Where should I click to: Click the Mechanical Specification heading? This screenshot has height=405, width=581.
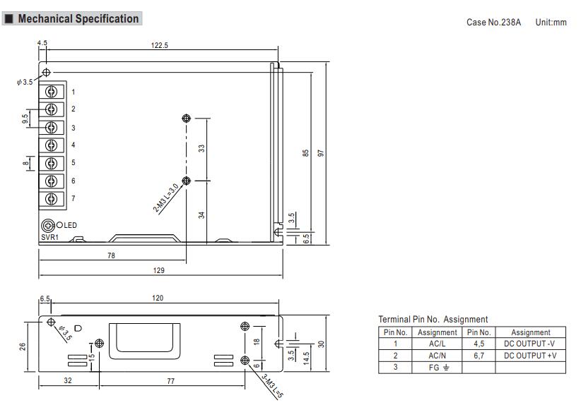coord(78,19)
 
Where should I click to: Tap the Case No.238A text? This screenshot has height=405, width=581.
coord(493,23)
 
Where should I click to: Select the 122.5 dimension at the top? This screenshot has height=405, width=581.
coord(160,46)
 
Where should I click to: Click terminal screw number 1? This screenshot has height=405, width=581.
coord(51,92)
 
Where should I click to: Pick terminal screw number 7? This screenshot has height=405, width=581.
coord(51,199)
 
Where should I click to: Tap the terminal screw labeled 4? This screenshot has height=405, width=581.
coord(51,145)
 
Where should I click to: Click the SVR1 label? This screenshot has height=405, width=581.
coord(49,238)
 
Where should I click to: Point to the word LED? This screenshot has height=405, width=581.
coord(70,226)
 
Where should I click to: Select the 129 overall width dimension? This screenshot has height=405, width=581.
coord(159,270)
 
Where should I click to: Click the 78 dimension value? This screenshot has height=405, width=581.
coord(111,255)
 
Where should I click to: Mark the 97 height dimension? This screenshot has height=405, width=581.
coord(320,153)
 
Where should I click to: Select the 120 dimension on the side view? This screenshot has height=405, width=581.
coord(158,298)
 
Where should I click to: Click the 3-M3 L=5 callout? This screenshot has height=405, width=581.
coord(270,387)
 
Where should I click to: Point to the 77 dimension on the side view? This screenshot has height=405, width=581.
coord(171,381)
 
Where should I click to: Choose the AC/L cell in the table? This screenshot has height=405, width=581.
coord(438,344)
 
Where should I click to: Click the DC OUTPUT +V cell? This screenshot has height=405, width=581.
coord(530,356)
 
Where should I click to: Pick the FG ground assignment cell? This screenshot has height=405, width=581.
coord(438,368)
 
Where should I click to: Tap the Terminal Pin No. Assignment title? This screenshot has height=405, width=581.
coord(433,320)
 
